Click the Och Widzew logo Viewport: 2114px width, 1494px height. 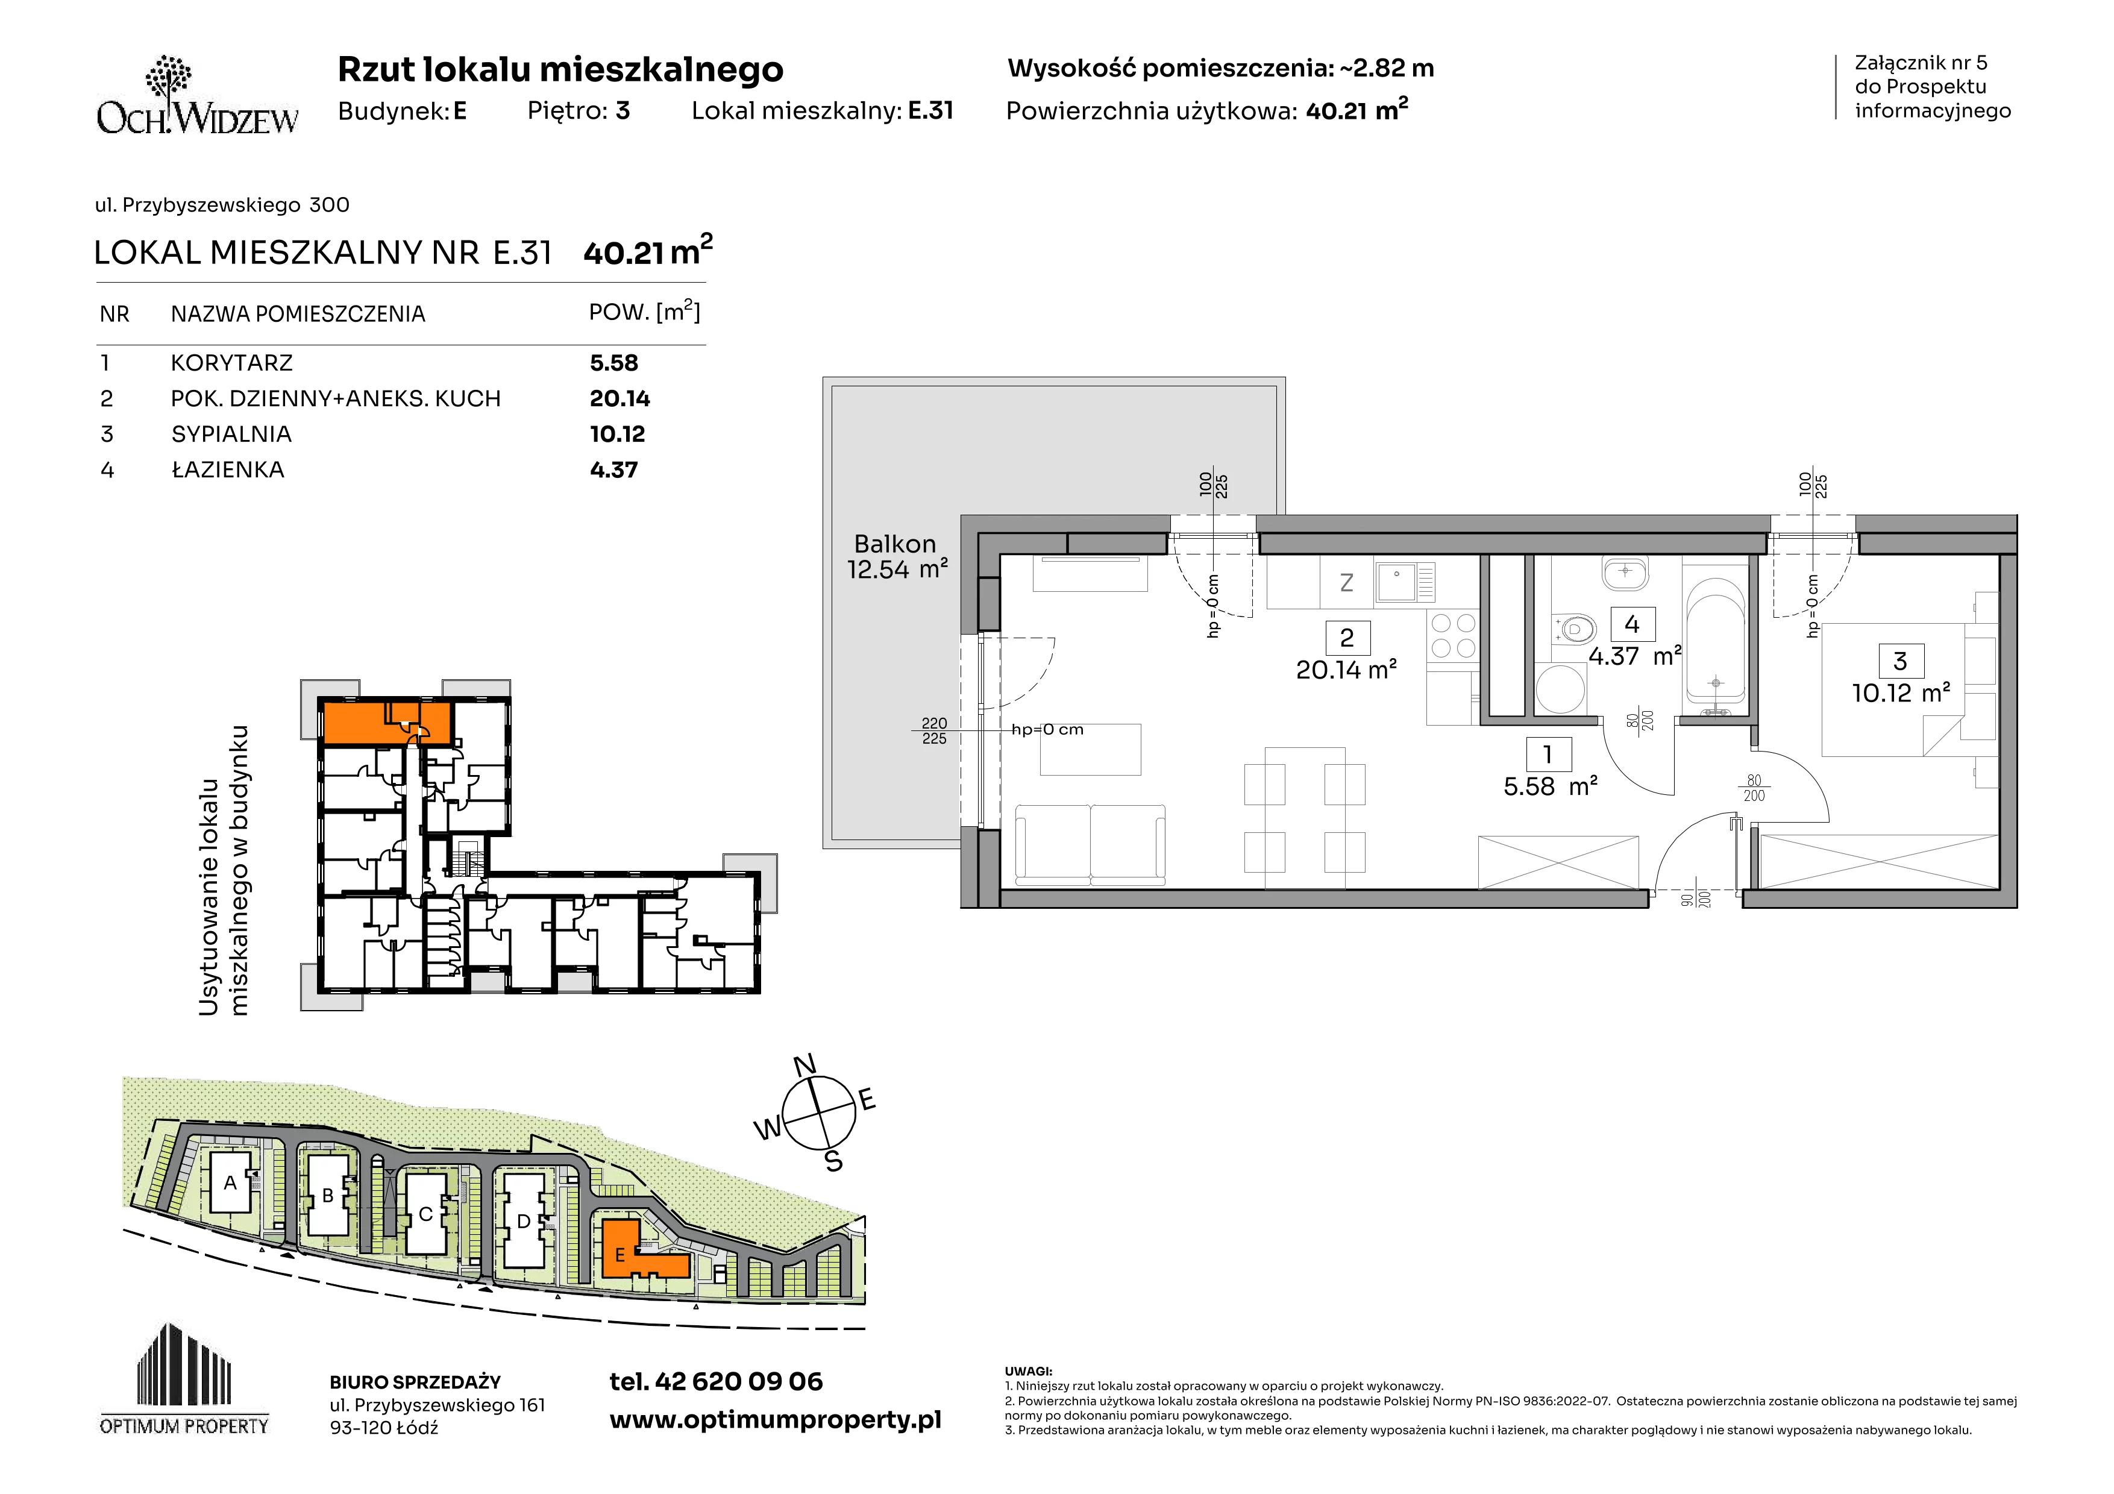[x=197, y=96]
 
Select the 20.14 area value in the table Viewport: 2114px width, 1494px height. [x=619, y=398]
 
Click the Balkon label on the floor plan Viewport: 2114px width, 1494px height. [x=895, y=544]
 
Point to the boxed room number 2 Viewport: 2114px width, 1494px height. [x=1347, y=637]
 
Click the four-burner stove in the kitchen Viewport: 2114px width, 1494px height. [x=1452, y=635]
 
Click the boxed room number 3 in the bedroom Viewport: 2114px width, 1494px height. [x=1901, y=661]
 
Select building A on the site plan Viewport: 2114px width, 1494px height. [x=230, y=1183]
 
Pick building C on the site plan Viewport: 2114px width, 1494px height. [x=426, y=1213]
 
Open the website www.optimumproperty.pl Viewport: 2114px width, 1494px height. [x=775, y=1420]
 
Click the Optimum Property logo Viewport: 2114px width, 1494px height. [x=184, y=1378]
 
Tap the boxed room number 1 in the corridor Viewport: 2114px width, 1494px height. [x=1548, y=755]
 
